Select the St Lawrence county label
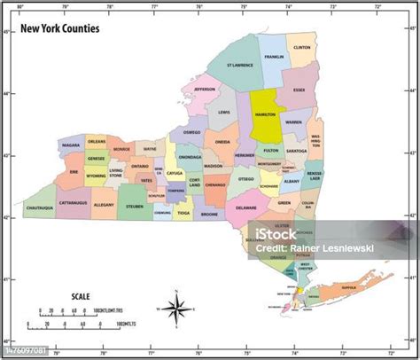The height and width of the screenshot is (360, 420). pyautogui.click(x=239, y=65)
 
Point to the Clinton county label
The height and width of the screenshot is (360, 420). pyautogui.click(x=301, y=47)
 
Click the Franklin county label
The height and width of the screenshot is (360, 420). pyautogui.click(x=273, y=58)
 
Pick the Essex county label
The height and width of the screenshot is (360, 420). pyautogui.click(x=299, y=90)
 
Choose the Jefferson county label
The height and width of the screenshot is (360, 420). pyautogui.click(x=205, y=90)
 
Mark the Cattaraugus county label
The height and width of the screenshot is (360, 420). pyautogui.click(x=74, y=202)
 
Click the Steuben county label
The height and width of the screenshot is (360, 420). pyautogui.click(x=135, y=206)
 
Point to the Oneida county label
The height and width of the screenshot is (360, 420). pyautogui.click(x=222, y=142)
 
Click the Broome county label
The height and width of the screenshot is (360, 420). pyautogui.click(x=209, y=214)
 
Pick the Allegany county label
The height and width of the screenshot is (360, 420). pyautogui.click(x=104, y=204)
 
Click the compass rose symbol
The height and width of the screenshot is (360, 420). pyautogui.click(x=175, y=309)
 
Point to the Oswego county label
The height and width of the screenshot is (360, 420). pyautogui.click(x=191, y=132)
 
